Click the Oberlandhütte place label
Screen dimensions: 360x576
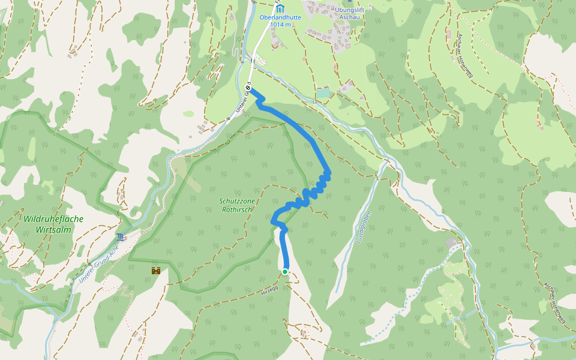click(280, 17)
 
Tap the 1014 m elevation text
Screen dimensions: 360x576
click(280, 25)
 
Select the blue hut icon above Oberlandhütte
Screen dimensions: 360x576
click(280, 9)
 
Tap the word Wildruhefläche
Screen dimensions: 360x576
click(53, 219)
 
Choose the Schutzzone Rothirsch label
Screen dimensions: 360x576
click(235, 205)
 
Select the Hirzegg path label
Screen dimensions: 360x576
click(269, 290)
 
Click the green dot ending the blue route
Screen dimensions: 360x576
click(285, 272)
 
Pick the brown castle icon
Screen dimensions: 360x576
click(156, 271)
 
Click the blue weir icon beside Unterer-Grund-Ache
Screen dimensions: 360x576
click(122, 236)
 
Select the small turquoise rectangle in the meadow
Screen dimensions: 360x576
click(323, 93)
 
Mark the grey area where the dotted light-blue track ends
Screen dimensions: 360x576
click(451, 242)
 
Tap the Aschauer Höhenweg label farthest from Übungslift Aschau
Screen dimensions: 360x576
click(554, 303)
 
